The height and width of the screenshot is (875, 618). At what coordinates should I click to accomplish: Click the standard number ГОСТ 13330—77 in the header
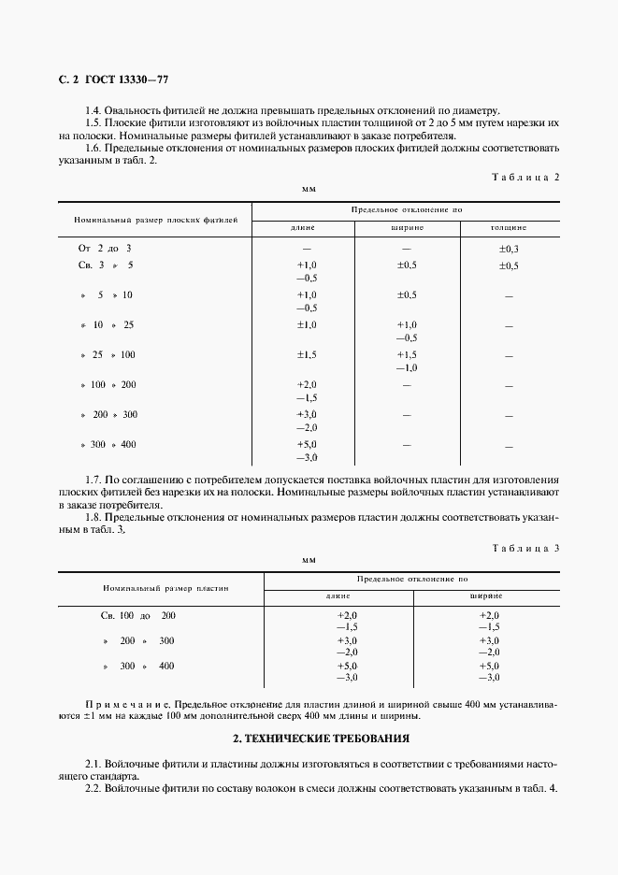[127, 80]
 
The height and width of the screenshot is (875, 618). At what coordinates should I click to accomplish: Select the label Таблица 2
[525, 177]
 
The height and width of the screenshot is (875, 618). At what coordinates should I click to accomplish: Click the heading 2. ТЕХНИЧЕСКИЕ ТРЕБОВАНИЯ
[309, 739]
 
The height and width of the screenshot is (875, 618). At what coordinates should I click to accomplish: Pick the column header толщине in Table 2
[509, 227]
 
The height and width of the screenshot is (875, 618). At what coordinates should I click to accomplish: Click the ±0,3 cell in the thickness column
[509, 249]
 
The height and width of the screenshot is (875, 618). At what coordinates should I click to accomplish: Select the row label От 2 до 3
[105, 249]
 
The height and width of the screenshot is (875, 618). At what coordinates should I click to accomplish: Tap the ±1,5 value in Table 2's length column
[307, 355]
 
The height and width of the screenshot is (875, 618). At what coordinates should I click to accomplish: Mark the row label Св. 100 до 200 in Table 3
[137, 615]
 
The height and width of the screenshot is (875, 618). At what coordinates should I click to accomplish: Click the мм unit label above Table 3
[309, 559]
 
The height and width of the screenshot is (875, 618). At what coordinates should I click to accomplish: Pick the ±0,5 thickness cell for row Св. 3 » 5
[509, 266]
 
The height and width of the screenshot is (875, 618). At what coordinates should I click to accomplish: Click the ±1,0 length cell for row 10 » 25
[307, 324]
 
